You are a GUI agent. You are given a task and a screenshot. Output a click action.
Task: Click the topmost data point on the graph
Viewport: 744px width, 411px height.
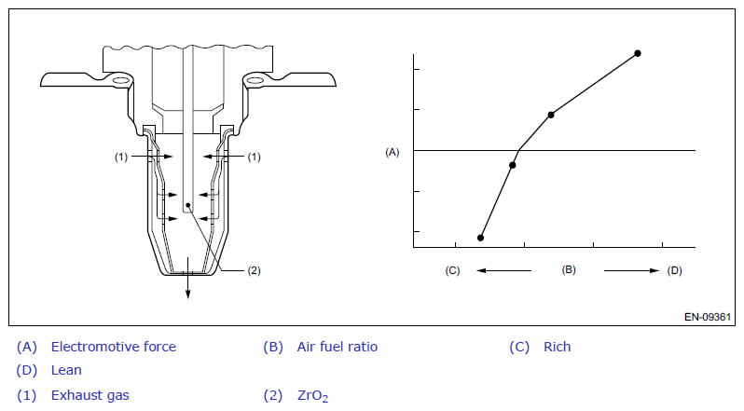click(x=638, y=53)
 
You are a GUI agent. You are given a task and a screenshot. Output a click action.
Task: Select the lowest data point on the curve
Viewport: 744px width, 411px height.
click(x=481, y=238)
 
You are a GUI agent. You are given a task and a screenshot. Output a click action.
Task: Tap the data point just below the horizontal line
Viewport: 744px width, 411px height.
click(x=513, y=165)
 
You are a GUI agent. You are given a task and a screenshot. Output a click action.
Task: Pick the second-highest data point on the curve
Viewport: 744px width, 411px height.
click(x=551, y=115)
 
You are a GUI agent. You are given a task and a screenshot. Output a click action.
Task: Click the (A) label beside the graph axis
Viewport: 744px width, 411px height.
click(x=392, y=152)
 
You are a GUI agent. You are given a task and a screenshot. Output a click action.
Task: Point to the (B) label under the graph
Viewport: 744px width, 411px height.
click(x=569, y=269)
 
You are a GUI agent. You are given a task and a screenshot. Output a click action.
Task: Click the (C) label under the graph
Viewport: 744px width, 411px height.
click(x=452, y=270)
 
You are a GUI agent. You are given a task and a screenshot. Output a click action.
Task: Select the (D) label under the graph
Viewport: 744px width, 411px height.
click(x=674, y=270)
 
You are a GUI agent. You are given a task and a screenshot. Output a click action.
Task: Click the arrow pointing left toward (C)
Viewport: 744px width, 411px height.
click(x=503, y=270)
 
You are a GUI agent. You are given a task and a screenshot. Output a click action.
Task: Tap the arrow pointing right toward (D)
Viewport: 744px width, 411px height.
click(x=631, y=270)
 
